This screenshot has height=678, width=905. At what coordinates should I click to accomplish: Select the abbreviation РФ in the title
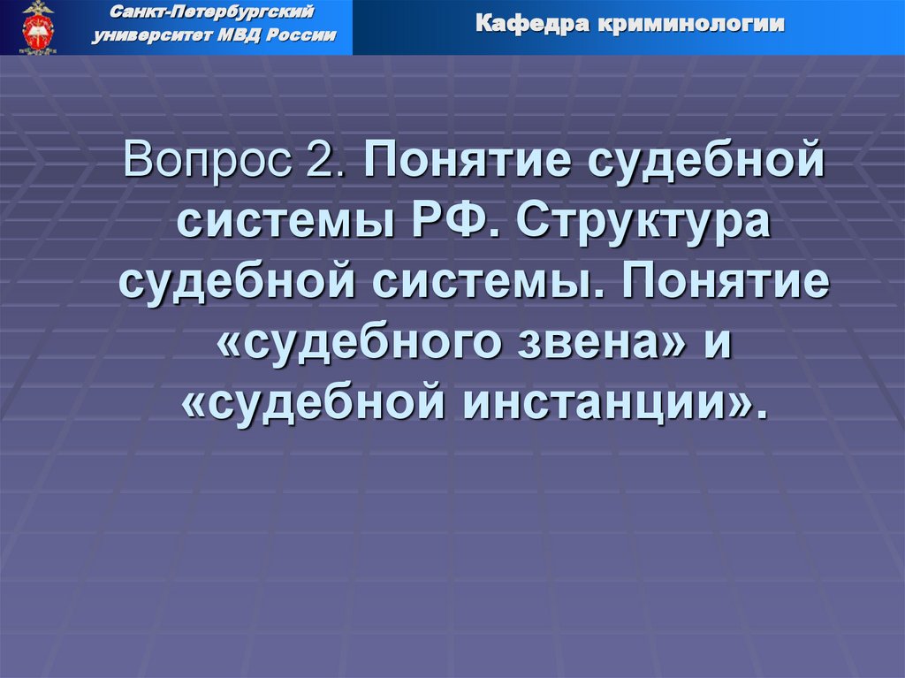click(454, 224)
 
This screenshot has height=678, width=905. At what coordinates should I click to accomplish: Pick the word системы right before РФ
click(283, 224)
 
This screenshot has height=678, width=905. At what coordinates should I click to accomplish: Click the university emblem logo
click(37, 27)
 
